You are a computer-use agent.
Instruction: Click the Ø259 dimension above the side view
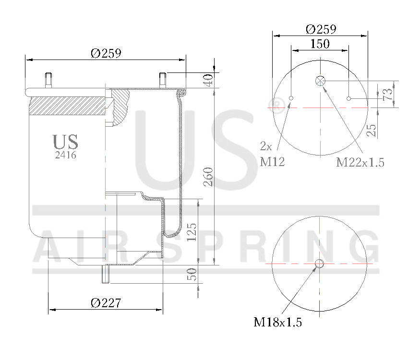point(106,53)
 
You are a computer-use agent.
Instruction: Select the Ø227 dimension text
point(106,303)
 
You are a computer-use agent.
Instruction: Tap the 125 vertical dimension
point(192,232)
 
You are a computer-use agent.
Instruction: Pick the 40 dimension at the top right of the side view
point(208,80)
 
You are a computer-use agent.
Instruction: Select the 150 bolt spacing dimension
point(320,44)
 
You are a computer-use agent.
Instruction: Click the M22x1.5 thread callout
point(360,162)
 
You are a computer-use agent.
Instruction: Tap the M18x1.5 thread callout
point(277,322)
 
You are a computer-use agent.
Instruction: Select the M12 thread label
point(272,162)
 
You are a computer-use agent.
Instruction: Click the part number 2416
point(65,155)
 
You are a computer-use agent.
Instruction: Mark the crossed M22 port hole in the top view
point(321,81)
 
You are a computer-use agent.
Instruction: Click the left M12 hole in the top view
point(291,99)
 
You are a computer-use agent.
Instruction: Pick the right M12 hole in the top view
point(349,99)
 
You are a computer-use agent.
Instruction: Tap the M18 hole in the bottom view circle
point(319,264)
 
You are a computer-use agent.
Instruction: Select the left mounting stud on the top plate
point(48,79)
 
